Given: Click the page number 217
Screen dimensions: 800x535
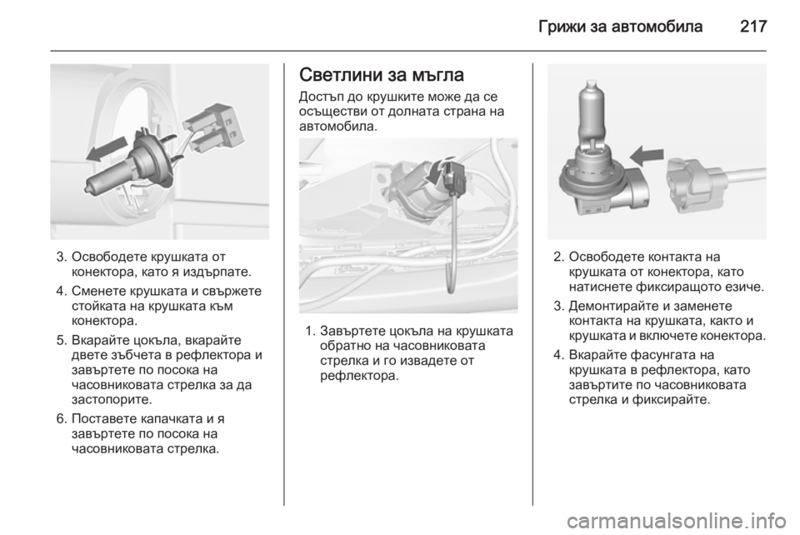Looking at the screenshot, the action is pyautogui.click(x=753, y=26).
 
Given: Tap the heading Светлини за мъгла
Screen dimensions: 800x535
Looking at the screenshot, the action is pyautogui.click(x=382, y=74).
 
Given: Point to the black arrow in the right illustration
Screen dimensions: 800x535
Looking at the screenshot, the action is pyautogui.click(x=647, y=155).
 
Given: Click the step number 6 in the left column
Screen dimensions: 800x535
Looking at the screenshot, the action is pyautogui.click(x=61, y=418).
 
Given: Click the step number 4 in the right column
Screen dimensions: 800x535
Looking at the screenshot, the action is pyautogui.click(x=558, y=354).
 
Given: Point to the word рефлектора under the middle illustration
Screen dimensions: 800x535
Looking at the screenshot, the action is pyautogui.click(x=358, y=377).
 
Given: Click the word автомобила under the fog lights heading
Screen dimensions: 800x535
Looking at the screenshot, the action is pyautogui.click(x=337, y=127).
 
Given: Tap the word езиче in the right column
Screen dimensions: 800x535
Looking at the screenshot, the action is pyautogui.click(x=745, y=287).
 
